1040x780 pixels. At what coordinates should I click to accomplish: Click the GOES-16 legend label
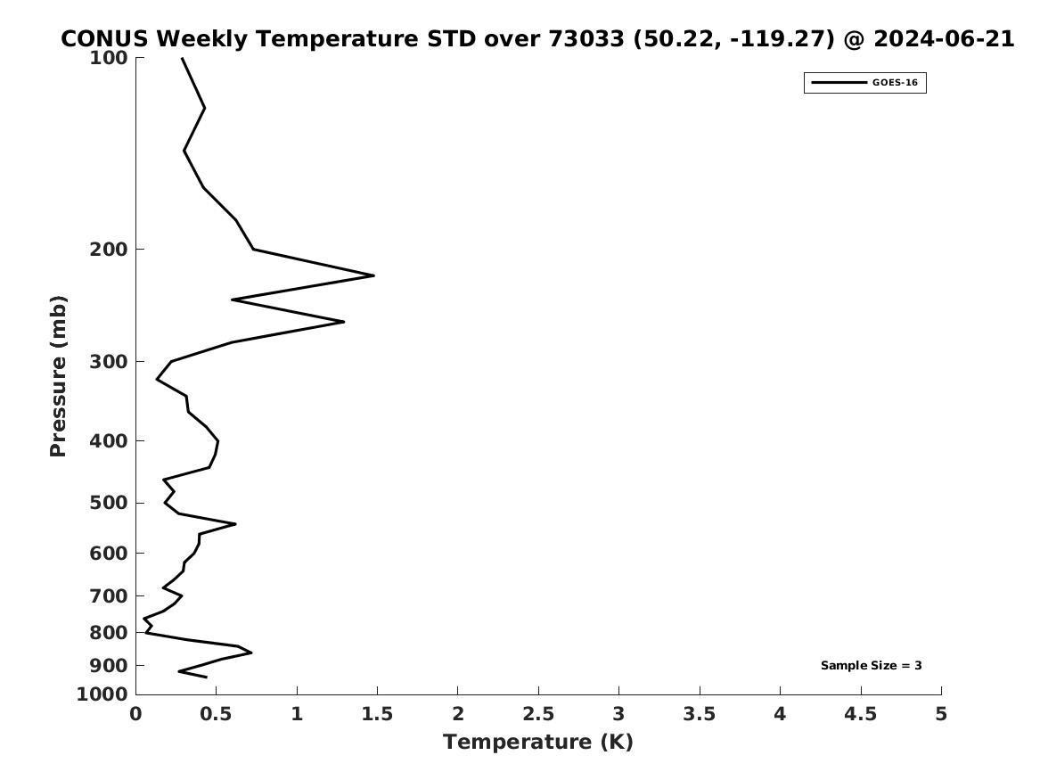tap(895, 83)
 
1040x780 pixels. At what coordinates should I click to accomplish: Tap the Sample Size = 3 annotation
tap(871, 665)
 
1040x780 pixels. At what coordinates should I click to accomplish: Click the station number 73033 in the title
tap(586, 39)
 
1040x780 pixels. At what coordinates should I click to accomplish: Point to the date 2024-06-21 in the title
tap(944, 39)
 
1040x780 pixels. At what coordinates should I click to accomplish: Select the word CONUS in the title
tap(105, 39)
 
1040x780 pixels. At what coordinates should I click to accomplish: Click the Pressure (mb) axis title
tap(58, 376)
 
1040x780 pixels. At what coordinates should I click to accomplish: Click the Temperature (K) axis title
tap(538, 743)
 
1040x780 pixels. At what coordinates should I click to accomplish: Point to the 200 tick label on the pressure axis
tap(108, 250)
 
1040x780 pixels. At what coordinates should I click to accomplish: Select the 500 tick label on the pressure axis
tap(108, 503)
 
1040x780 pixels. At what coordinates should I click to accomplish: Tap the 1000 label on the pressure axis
tap(102, 694)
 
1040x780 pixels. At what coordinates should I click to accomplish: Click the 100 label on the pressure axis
tap(108, 58)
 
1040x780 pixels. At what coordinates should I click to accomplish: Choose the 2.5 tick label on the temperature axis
tap(538, 714)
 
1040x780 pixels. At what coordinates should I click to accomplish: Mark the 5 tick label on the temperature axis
tap(940, 714)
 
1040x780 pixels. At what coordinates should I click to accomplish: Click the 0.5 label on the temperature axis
tap(216, 714)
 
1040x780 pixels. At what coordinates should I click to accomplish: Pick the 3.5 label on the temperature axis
tap(699, 714)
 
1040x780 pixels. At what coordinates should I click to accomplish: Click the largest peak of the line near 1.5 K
tap(373, 275)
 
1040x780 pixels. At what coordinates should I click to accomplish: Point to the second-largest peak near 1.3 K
tap(344, 322)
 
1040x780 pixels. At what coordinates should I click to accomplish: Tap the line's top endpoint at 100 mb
tap(183, 58)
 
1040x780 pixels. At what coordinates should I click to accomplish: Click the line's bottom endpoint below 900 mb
tap(206, 677)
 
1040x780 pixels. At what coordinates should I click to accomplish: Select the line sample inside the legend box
tap(839, 83)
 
